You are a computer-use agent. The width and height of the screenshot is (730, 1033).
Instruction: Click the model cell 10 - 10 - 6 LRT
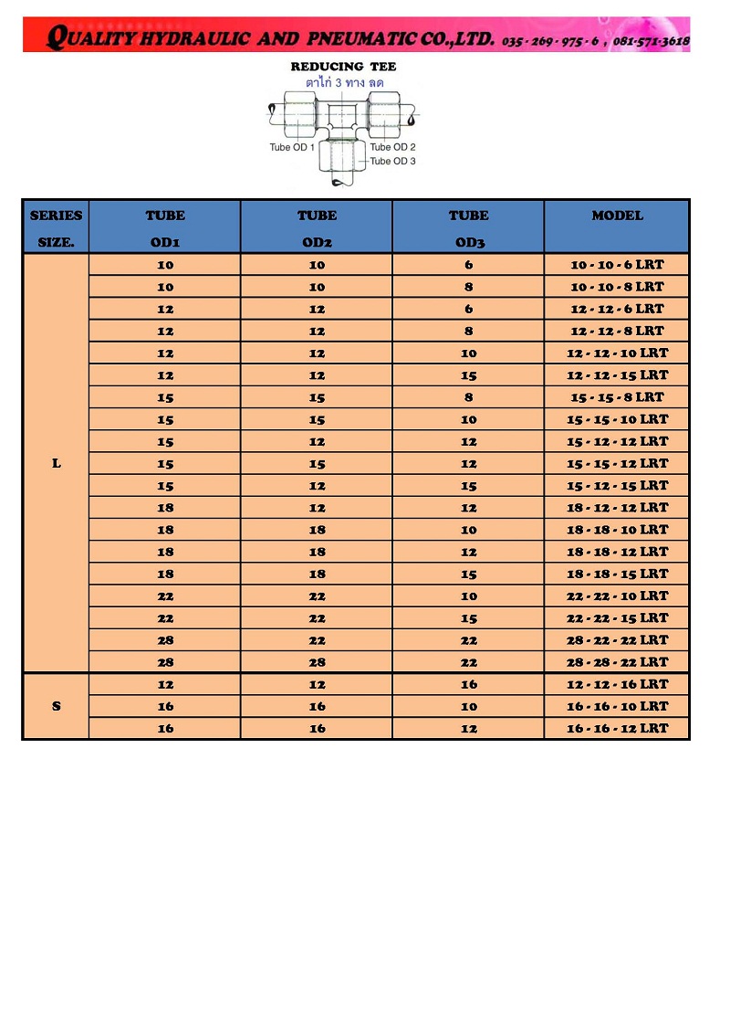tap(617, 265)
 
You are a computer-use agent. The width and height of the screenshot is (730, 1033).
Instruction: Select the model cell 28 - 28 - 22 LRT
tap(617, 662)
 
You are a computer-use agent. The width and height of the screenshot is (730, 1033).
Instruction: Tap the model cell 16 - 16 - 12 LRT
tap(617, 728)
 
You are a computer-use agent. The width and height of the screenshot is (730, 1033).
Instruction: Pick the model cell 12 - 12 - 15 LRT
tap(617, 375)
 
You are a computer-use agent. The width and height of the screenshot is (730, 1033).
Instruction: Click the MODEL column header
tap(617, 216)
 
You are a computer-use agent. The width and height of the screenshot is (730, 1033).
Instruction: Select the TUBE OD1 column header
tap(165, 228)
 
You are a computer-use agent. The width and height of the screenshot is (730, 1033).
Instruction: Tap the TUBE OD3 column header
tap(468, 228)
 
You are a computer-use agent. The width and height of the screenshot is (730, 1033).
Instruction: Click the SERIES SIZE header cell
tap(57, 228)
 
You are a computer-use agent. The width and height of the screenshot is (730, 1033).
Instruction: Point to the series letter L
tap(57, 463)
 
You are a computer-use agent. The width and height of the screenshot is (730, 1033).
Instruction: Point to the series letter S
tap(57, 706)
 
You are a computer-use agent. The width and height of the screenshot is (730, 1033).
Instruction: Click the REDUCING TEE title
tap(343, 67)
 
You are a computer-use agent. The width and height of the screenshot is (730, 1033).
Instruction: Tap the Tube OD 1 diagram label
tap(292, 148)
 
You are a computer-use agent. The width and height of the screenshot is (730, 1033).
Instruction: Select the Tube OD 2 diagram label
tap(393, 147)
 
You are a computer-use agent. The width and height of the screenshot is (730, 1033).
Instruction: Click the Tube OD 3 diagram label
tap(392, 162)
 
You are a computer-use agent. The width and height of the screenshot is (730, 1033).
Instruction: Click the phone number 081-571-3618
tap(652, 41)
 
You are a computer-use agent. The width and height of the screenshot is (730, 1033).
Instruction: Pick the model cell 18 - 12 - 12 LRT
tap(617, 508)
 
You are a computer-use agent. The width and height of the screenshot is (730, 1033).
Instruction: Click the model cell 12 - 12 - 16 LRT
tap(617, 684)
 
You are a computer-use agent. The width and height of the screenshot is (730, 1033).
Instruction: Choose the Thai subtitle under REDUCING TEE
tap(344, 82)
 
